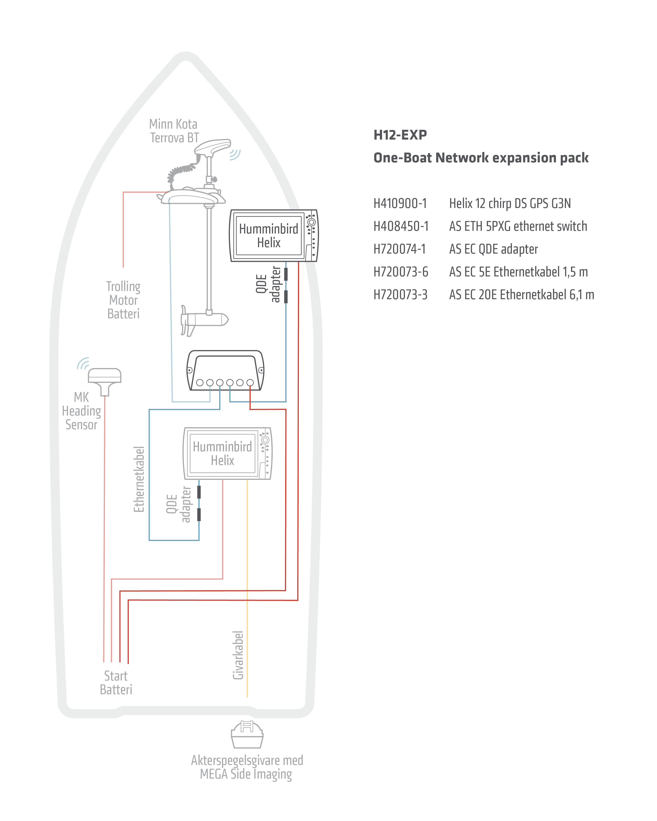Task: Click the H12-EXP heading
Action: pyautogui.click(x=400, y=135)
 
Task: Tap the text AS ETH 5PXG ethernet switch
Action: pyautogui.click(x=518, y=226)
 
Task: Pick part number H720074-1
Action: pyautogui.click(x=399, y=249)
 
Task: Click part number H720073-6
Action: pyautogui.click(x=401, y=272)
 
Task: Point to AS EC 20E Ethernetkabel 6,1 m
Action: pyautogui.click(x=522, y=295)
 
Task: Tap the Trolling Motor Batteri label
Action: pyautogui.click(x=123, y=300)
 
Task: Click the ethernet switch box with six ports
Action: pyautogui.click(x=225, y=370)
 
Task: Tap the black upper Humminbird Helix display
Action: pyautogui.click(x=274, y=235)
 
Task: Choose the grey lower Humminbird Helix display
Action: pyautogui.click(x=227, y=453)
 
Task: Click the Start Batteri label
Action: pyautogui.click(x=116, y=683)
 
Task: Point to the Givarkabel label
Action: pyautogui.click(x=238, y=655)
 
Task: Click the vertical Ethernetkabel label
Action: pyautogui.click(x=139, y=479)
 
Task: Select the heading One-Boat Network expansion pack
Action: pyautogui.click(x=481, y=158)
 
